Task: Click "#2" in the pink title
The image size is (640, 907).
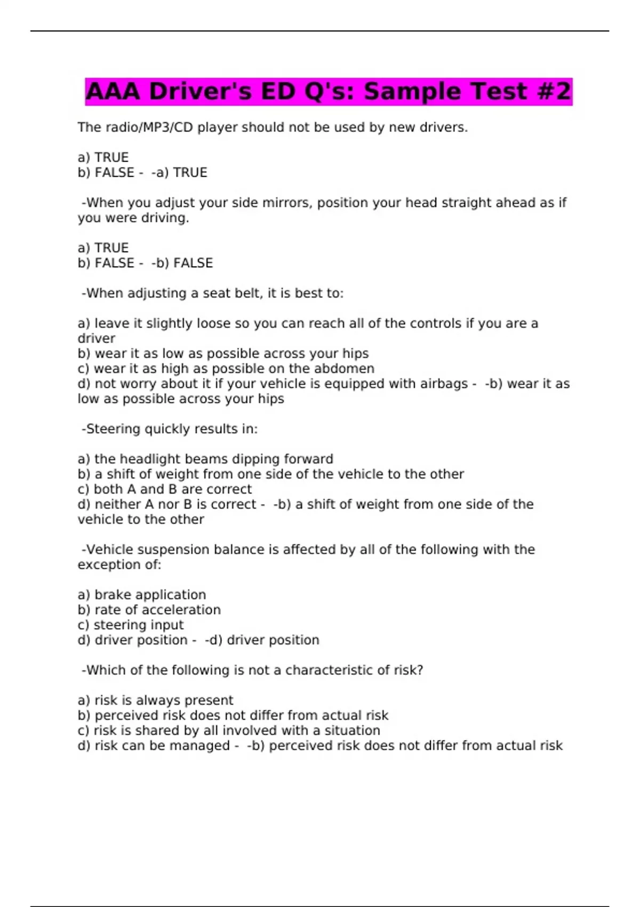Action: tap(555, 91)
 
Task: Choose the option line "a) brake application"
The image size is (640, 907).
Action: tap(142, 595)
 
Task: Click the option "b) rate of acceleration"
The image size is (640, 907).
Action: tap(149, 610)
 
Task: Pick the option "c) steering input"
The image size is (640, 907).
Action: tap(131, 625)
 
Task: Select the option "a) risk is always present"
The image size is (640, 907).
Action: tap(155, 701)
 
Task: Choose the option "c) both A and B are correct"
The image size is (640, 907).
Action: tap(164, 489)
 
